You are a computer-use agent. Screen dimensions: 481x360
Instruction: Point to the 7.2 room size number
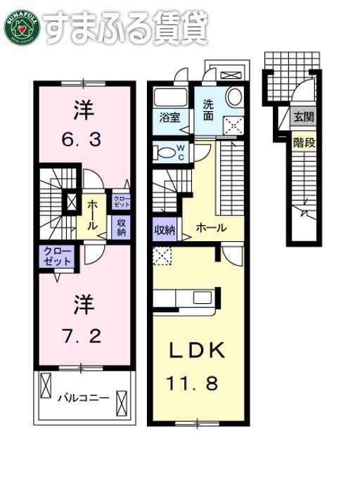82,335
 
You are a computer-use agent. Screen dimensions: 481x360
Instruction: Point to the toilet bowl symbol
165,152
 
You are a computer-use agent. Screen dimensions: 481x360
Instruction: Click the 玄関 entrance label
304,117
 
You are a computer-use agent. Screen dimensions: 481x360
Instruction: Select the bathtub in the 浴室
169,98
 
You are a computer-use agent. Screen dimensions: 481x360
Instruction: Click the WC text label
180,152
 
